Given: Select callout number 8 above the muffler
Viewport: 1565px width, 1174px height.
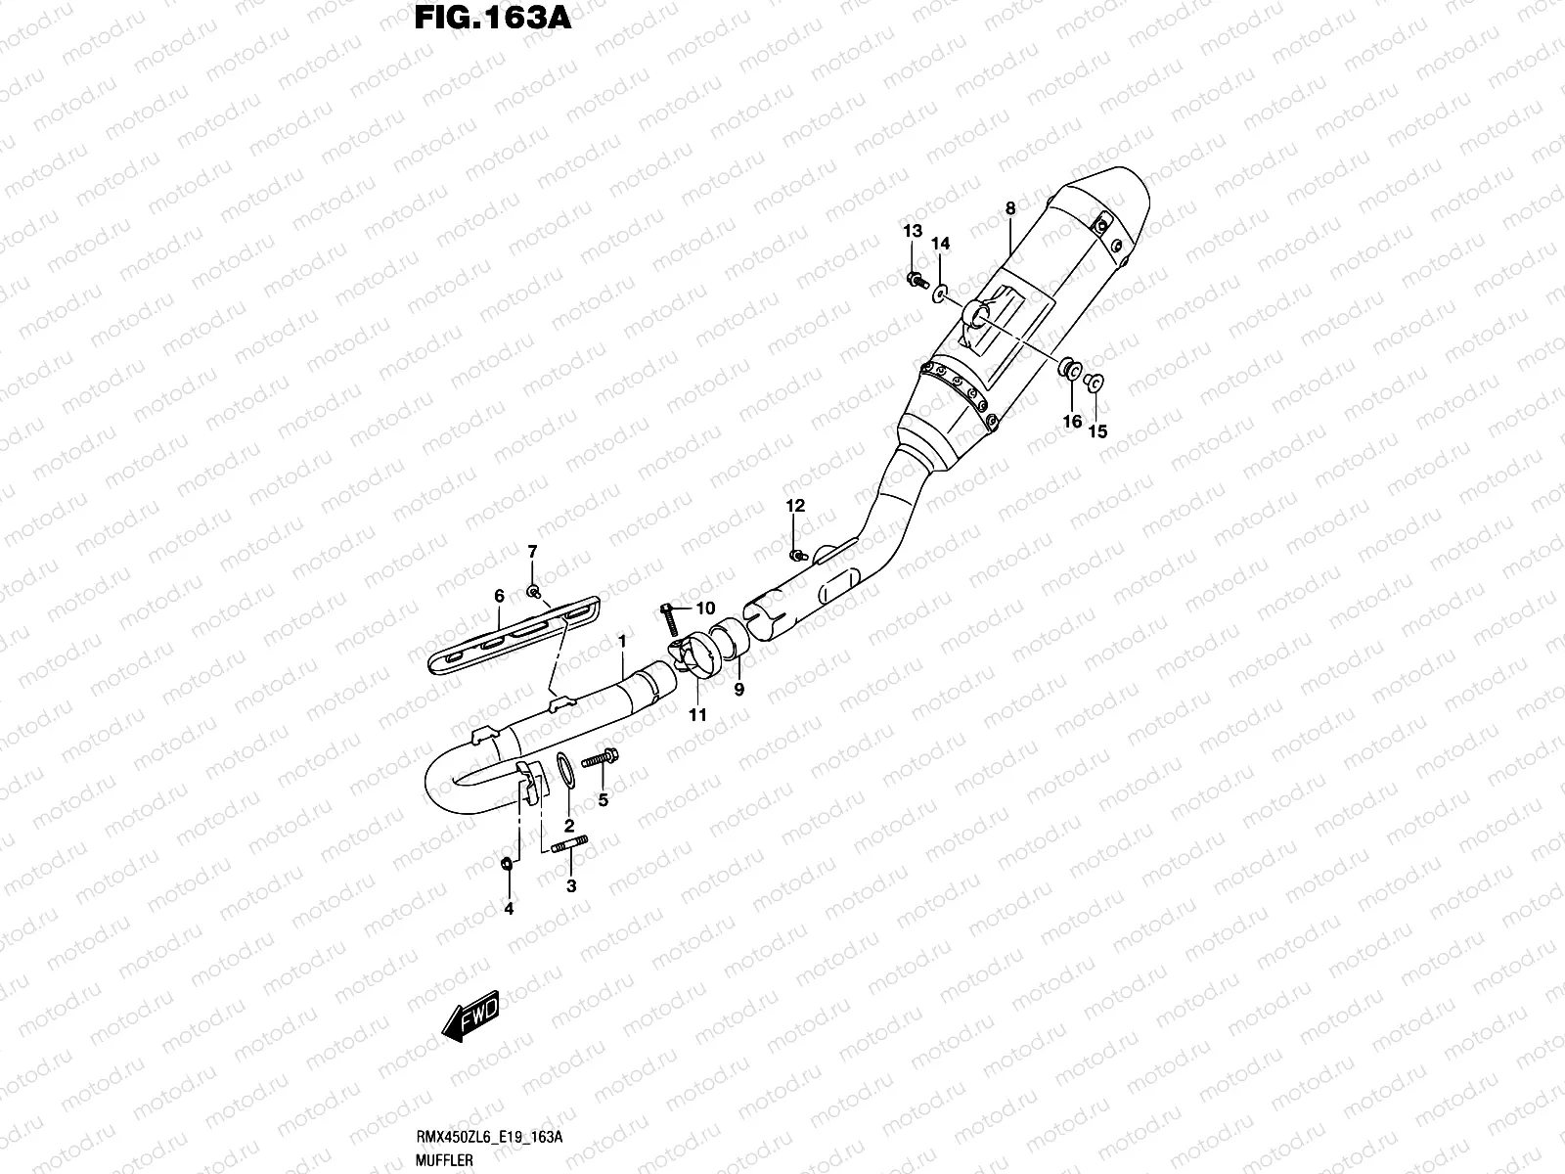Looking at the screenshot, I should [x=1010, y=208].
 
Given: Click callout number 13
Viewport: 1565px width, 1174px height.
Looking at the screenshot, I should [x=912, y=231].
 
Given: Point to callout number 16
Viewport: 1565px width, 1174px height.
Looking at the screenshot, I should [x=1072, y=421].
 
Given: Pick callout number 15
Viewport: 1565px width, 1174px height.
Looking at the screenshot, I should [x=1097, y=430].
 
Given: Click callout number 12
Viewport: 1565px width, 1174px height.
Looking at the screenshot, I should [x=795, y=506].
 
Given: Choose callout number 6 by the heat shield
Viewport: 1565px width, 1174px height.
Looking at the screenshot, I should [x=499, y=595].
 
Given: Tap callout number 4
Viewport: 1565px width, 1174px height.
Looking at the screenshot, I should [x=509, y=909].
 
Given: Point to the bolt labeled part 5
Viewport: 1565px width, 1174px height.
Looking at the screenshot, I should [x=599, y=759].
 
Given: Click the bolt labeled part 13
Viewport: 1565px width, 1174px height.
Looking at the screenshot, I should [x=917, y=281].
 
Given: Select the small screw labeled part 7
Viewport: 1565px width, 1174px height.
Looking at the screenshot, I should [x=534, y=591].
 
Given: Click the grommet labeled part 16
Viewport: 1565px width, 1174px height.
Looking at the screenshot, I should [x=1071, y=370].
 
